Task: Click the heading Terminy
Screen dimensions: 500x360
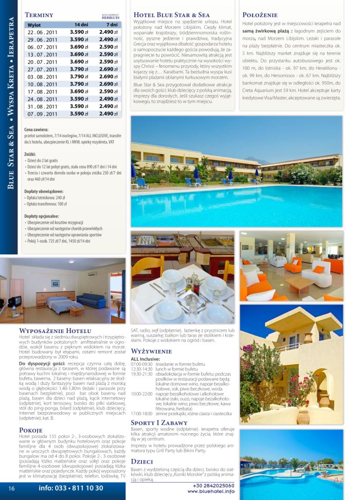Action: (39, 15)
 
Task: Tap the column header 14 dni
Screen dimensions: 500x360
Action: (81, 24)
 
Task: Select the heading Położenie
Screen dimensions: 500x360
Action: (260, 15)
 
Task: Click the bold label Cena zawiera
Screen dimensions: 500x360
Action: (36, 130)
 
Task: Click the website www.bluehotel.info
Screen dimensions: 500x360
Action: (210, 492)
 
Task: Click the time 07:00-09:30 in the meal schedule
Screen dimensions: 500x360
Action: (139, 364)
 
